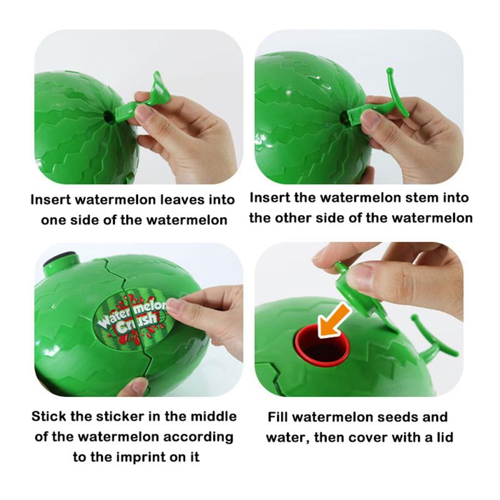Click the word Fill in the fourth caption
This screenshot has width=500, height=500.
pos(281,417)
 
